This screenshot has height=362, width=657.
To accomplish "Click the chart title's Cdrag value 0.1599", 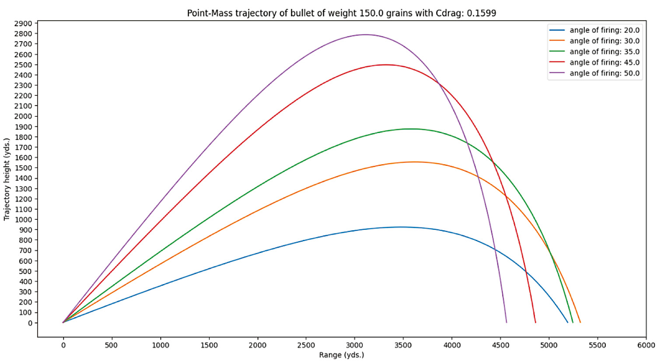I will pos(481,13).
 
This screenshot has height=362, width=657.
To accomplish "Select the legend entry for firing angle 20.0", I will pos(604,30).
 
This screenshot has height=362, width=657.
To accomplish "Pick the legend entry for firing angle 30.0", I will pos(604,41).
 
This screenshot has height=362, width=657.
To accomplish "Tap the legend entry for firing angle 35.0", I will pos(604,52).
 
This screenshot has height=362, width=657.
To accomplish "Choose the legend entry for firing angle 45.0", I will pos(604,63).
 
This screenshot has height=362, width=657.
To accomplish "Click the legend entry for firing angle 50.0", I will pos(604,73).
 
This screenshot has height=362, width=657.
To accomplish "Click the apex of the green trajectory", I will pos(411,129).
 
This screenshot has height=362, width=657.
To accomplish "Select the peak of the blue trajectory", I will pos(401,227).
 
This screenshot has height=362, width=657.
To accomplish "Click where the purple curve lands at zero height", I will pos(507,323).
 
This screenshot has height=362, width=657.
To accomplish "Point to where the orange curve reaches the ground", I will pos(580,323).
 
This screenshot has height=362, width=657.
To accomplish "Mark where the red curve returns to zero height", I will pos(535,323).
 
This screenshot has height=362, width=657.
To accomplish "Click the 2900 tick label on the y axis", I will pos(24,23).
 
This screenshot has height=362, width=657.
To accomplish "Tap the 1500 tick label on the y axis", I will pos(24,168).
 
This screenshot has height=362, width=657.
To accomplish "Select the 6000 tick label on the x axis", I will pos(646,345).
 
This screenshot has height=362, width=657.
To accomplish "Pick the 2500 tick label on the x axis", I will pos(306,345).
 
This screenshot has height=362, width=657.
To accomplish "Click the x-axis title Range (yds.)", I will pos(341,355).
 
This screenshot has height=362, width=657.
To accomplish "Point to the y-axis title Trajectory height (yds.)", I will pos(7,180).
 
